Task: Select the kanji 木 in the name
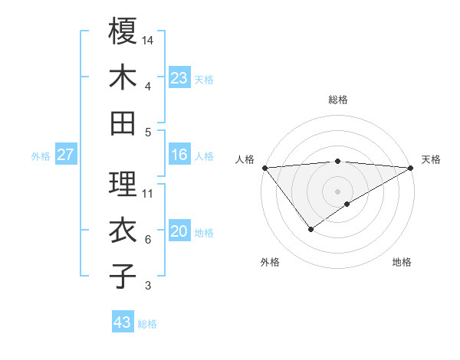coord(123,77)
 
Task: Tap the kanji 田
coord(123,123)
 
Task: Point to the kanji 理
coord(123,183)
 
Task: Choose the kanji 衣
coord(123,231)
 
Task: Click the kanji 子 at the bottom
coord(123,276)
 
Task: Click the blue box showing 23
coord(179,78)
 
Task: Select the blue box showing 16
coord(179,155)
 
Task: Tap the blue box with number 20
coord(179,232)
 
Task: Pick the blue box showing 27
coord(66,155)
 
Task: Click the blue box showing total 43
coord(123,322)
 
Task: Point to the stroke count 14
coord(149,39)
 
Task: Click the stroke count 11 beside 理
coord(149,193)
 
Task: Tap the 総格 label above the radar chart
coord(338,100)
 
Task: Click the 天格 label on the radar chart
coord(431,159)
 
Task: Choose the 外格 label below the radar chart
coord(270,262)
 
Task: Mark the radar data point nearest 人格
coord(264,167)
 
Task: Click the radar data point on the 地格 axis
coord(347,204)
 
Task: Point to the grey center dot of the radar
coord(337,191)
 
